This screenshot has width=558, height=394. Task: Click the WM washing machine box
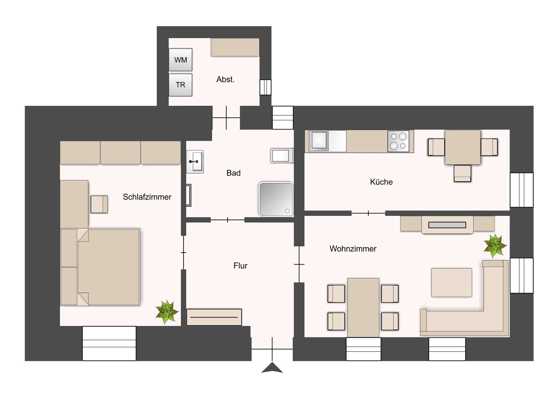pyautogui.click(x=180, y=60)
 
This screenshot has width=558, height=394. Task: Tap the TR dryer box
pyautogui.click(x=180, y=85)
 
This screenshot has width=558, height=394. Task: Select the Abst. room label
pyautogui.click(x=225, y=79)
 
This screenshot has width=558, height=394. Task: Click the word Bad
pyautogui.click(x=233, y=173)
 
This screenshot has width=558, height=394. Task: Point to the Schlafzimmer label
pyautogui.click(x=147, y=197)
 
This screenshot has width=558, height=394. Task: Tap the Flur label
pyautogui.click(x=240, y=266)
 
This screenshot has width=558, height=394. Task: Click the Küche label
pyautogui.click(x=381, y=182)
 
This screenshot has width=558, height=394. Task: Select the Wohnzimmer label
pyautogui.click(x=353, y=249)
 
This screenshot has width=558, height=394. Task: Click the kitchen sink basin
pyautogui.click(x=319, y=141)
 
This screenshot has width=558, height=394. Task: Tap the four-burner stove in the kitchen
pyautogui.click(x=398, y=141)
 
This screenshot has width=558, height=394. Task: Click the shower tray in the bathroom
pyautogui.click(x=276, y=199)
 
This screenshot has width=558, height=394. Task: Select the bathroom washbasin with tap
pyautogui.click(x=195, y=161)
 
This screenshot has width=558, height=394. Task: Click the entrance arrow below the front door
pyautogui.click(x=272, y=368)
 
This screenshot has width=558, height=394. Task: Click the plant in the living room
pyautogui.click(x=495, y=246)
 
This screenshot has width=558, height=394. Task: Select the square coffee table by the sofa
pyautogui.click(x=451, y=283)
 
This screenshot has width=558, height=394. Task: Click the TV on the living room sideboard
pyautogui.click(x=447, y=225)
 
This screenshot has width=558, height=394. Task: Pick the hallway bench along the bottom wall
pyautogui.click(x=214, y=317)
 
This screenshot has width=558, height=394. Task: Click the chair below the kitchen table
pyautogui.click(x=462, y=173)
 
